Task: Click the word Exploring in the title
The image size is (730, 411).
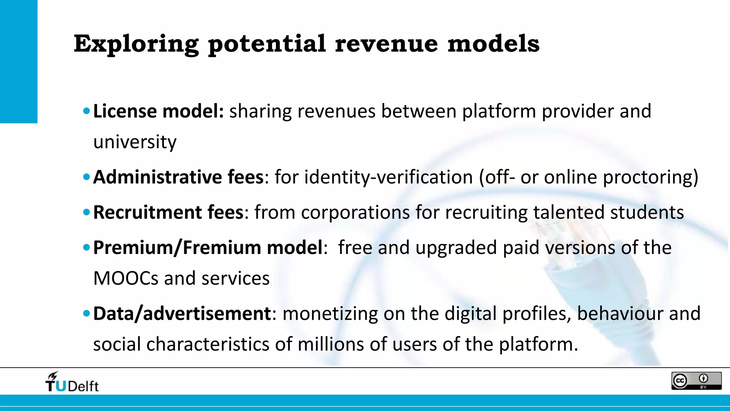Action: tap(136, 44)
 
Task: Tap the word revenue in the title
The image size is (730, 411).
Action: tap(386, 44)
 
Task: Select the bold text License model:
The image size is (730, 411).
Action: tap(158, 111)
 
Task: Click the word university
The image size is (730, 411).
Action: tap(135, 142)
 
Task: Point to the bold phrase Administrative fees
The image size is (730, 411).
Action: tap(178, 177)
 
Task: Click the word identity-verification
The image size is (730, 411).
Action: tap(389, 177)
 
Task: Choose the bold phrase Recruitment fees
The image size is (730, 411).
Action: tap(168, 213)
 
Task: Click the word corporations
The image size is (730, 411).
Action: tap(355, 213)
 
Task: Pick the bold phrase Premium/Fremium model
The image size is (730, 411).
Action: tap(208, 248)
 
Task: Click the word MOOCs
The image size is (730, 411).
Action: tap(125, 278)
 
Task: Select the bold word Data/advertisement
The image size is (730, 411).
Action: tap(182, 314)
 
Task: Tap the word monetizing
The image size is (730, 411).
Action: tap(330, 314)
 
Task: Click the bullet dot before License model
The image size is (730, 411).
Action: tap(86, 111)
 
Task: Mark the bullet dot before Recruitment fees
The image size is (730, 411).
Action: tap(86, 212)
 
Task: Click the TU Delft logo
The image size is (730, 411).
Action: tap(72, 382)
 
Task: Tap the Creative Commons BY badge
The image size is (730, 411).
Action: tap(696, 381)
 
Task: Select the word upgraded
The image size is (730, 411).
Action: tap(456, 248)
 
